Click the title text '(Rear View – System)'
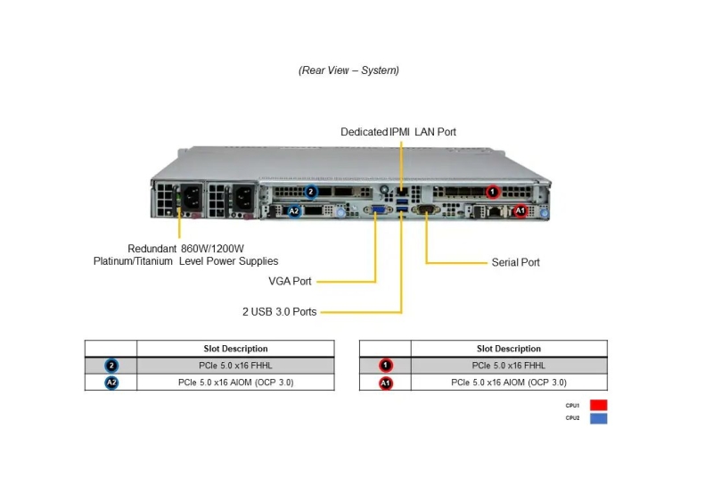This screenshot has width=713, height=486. [348, 70]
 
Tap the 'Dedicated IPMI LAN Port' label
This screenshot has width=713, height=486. [398, 132]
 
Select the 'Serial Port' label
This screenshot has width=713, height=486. [516, 262]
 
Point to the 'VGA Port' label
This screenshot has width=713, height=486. [290, 281]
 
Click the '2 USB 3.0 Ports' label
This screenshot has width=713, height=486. [279, 312]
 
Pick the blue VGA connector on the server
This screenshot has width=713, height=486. [379, 210]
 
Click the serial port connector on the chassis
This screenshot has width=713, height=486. [426, 209]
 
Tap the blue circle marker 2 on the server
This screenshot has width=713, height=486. [310, 192]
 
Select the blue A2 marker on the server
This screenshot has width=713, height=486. [294, 210]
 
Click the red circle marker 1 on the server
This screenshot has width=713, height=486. [493, 192]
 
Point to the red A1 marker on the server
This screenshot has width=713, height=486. [520, 210]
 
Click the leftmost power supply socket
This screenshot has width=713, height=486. [192, 197]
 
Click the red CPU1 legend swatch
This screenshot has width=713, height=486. [598, 405]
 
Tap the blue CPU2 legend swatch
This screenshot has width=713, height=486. [598, 418]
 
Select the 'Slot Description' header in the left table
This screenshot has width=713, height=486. [235, 349]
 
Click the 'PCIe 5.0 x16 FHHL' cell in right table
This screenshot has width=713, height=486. [508, 366]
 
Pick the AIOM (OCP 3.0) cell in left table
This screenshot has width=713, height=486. [235, 383]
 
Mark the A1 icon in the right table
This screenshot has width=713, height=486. [386, 383]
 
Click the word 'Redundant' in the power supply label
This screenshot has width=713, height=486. [152, 249]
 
